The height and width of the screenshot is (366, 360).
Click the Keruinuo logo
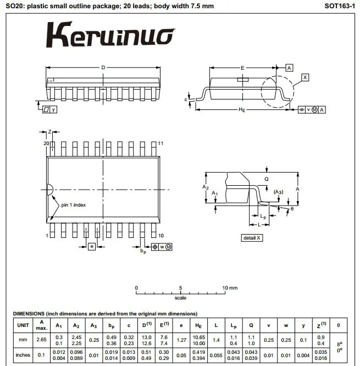pos(110,35)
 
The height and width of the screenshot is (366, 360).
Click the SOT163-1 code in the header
pos(340,6)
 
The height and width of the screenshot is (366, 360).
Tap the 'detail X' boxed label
pos(252,238)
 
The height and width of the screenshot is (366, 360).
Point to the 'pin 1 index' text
pos(73,205)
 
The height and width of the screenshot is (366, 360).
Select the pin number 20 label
pos(46,143)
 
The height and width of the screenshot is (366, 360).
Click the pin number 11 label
pos(160,143)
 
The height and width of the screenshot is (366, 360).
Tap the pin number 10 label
pos(161,236)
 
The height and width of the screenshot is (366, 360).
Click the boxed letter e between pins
pos(92,247)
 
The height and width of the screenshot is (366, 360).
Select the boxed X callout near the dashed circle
pos(305,77)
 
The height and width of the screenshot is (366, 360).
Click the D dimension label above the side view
pos(103,68)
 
